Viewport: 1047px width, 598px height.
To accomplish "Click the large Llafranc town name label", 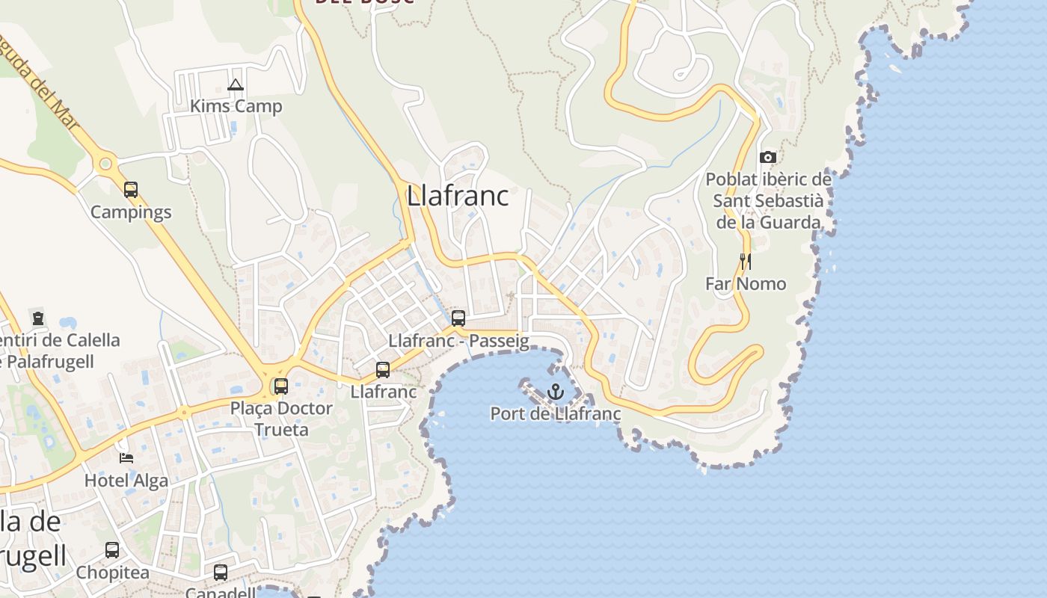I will tap(458, 196).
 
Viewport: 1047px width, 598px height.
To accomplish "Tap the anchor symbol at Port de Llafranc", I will tap(555, 391).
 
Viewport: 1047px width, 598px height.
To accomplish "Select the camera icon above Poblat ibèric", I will tap(767, 157).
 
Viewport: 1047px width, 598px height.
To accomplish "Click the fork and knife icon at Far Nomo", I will tap(745, 261).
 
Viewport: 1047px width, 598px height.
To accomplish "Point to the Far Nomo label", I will tap(746, 284).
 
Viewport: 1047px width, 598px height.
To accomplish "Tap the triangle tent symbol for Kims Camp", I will tap(236, 84).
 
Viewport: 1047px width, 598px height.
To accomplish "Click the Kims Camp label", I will tap(236, 106).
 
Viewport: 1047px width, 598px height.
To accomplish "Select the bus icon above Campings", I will tap(131, 190).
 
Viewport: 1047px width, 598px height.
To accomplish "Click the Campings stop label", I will tap(131, 212).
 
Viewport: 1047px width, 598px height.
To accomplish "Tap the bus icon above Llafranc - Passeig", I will tap(458, 318).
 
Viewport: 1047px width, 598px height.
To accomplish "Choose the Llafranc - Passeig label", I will tap(458, 342).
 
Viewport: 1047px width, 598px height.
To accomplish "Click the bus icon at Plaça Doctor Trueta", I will tap(281, 386).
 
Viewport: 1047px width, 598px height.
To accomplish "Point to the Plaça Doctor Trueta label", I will tap(281, 419).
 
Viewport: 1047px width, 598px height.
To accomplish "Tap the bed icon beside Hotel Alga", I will tap(126, 457).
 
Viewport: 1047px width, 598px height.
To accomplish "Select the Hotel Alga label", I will tap(126, 481).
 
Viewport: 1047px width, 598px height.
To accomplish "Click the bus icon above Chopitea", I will tap(112, 550).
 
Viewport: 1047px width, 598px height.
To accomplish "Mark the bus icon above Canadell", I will tap(221, 573).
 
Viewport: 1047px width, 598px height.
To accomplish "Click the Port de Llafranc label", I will tap(555, 413).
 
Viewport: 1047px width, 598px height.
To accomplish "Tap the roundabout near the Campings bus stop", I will tap(105, 163).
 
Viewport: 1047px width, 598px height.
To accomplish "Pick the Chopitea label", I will tap(112, 573).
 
